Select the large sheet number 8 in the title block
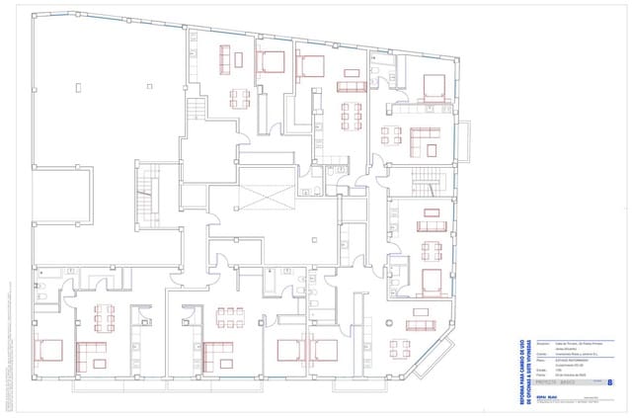(609, 380)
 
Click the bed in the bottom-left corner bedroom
(48, 349)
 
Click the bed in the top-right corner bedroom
(433, 88)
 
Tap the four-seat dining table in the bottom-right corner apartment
(400, 347)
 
